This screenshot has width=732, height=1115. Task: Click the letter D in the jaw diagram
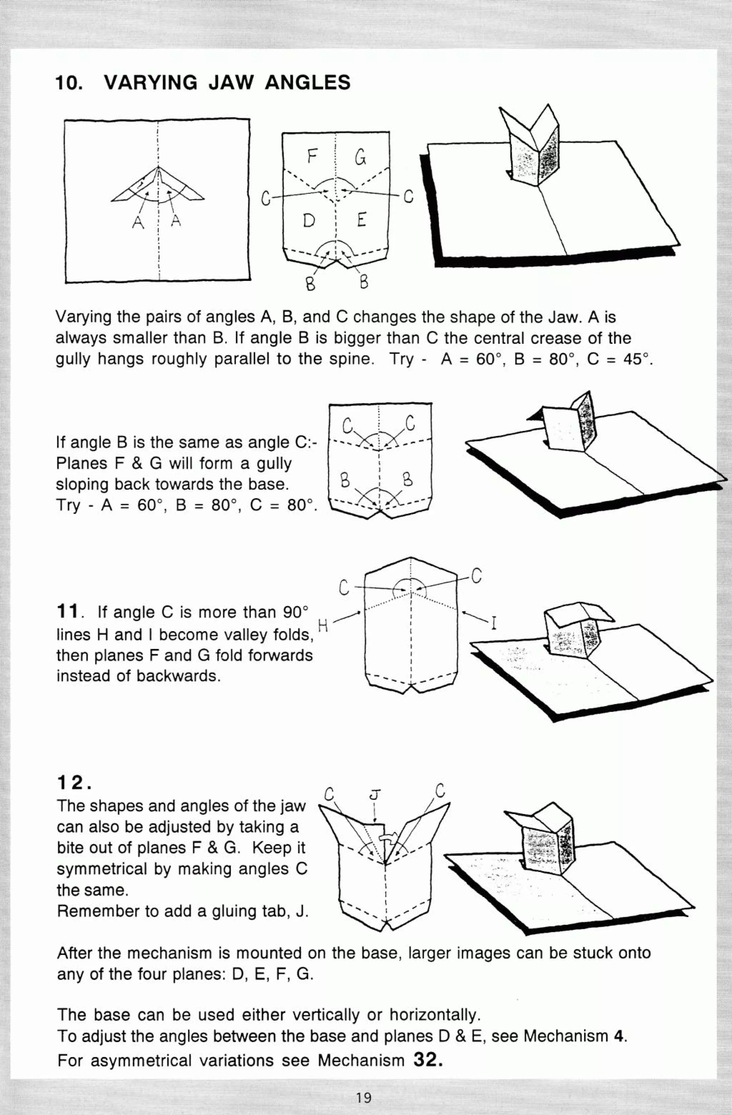pos(309,220)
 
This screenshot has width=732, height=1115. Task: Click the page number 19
pos(363,1097)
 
